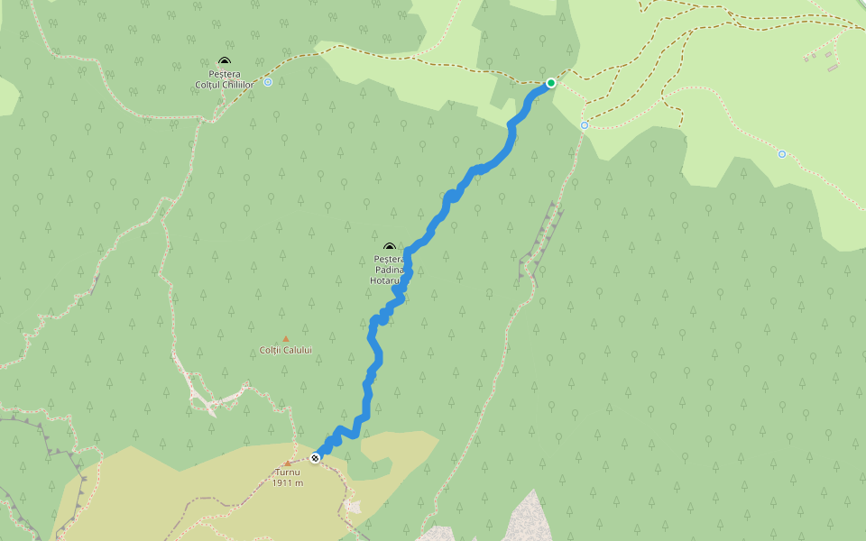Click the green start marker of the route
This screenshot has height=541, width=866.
click(550, 83)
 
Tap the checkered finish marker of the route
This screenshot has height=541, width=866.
click(315, 458)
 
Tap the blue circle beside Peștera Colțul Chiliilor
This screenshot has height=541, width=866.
click(268, 82)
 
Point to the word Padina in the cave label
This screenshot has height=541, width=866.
click(389, 270)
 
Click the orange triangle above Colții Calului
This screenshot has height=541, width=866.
click(285, 339)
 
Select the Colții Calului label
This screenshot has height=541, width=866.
click(285, 350)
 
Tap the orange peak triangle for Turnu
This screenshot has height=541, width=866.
click(287, 463)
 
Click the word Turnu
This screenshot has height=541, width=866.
click(287, 472)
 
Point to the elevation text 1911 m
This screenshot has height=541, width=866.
click(287, 483)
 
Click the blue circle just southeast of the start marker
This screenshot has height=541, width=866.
click(585, 125)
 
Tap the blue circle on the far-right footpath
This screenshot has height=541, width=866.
click(782, 154)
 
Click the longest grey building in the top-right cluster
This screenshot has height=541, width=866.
click(832, 68)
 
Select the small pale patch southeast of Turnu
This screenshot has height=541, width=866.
click(353, 506)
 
